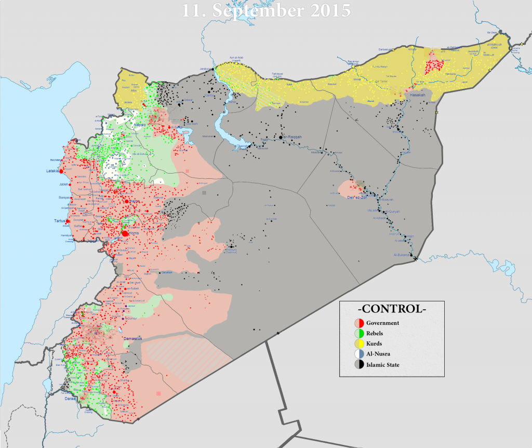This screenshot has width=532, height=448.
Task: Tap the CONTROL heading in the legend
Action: click(393, 309)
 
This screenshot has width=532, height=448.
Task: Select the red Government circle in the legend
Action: click(358, 323)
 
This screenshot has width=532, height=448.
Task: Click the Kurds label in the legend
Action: click(378, 344)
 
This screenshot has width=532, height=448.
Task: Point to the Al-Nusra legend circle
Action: click(358, 354)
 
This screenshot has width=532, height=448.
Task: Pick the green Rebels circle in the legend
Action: click(358, 333)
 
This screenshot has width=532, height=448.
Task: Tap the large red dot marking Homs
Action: click(125, 234)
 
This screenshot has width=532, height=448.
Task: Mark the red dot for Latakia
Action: click(61, 171)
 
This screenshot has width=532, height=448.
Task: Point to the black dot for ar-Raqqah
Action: click(281, 137)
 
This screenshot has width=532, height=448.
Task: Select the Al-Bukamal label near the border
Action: click(402, 255)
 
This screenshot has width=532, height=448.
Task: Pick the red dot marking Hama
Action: click(126, 201)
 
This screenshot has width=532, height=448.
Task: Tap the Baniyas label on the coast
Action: click(63, 197)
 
